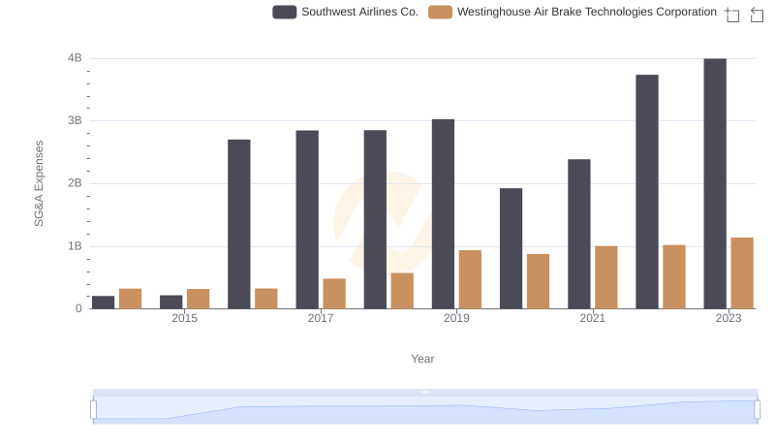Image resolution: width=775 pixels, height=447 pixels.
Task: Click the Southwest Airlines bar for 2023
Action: pyautogui.click(x=715, y=183)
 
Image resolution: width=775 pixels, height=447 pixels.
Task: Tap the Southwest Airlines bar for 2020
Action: pyautogui.click(x=511, y=248)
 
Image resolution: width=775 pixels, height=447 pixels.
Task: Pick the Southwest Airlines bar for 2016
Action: pyautogui.click(x=239, y=224)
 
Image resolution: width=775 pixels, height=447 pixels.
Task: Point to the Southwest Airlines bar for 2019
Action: pyautogui.click(x=443, y=214)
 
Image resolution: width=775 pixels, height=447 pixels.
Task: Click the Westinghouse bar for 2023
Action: pyautogui.click(x=742, y=273)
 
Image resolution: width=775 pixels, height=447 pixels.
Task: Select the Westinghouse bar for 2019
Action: pyautogui.click(x=470, y=279)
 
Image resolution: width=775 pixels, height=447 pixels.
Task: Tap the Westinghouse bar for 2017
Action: pyautogui.click(x=334, y=294)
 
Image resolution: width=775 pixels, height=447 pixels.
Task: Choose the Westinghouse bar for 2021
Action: pyautogui.click(x=606, y=277)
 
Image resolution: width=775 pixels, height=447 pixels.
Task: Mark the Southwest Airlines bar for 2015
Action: pyautogui.click(x=171, y=302)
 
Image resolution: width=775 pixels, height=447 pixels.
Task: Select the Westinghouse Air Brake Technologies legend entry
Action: pyautogui.click(x=573, y=13)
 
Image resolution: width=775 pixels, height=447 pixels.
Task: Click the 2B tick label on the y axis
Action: pyautogui.click(x=75, y=183)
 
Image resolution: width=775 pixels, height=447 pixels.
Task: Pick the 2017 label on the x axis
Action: pyautogui.click(x=321, y=319)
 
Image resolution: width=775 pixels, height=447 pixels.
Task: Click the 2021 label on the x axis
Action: pyautogui.click(x=593, y=319)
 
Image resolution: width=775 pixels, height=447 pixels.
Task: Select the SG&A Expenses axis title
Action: pyautogui.click(x=40, y=183)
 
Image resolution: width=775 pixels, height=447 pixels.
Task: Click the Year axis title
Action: pyautogui.click(x=422, y=359)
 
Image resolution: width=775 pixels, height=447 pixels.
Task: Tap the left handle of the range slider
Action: pyautogui.click(x=94, y=409)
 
